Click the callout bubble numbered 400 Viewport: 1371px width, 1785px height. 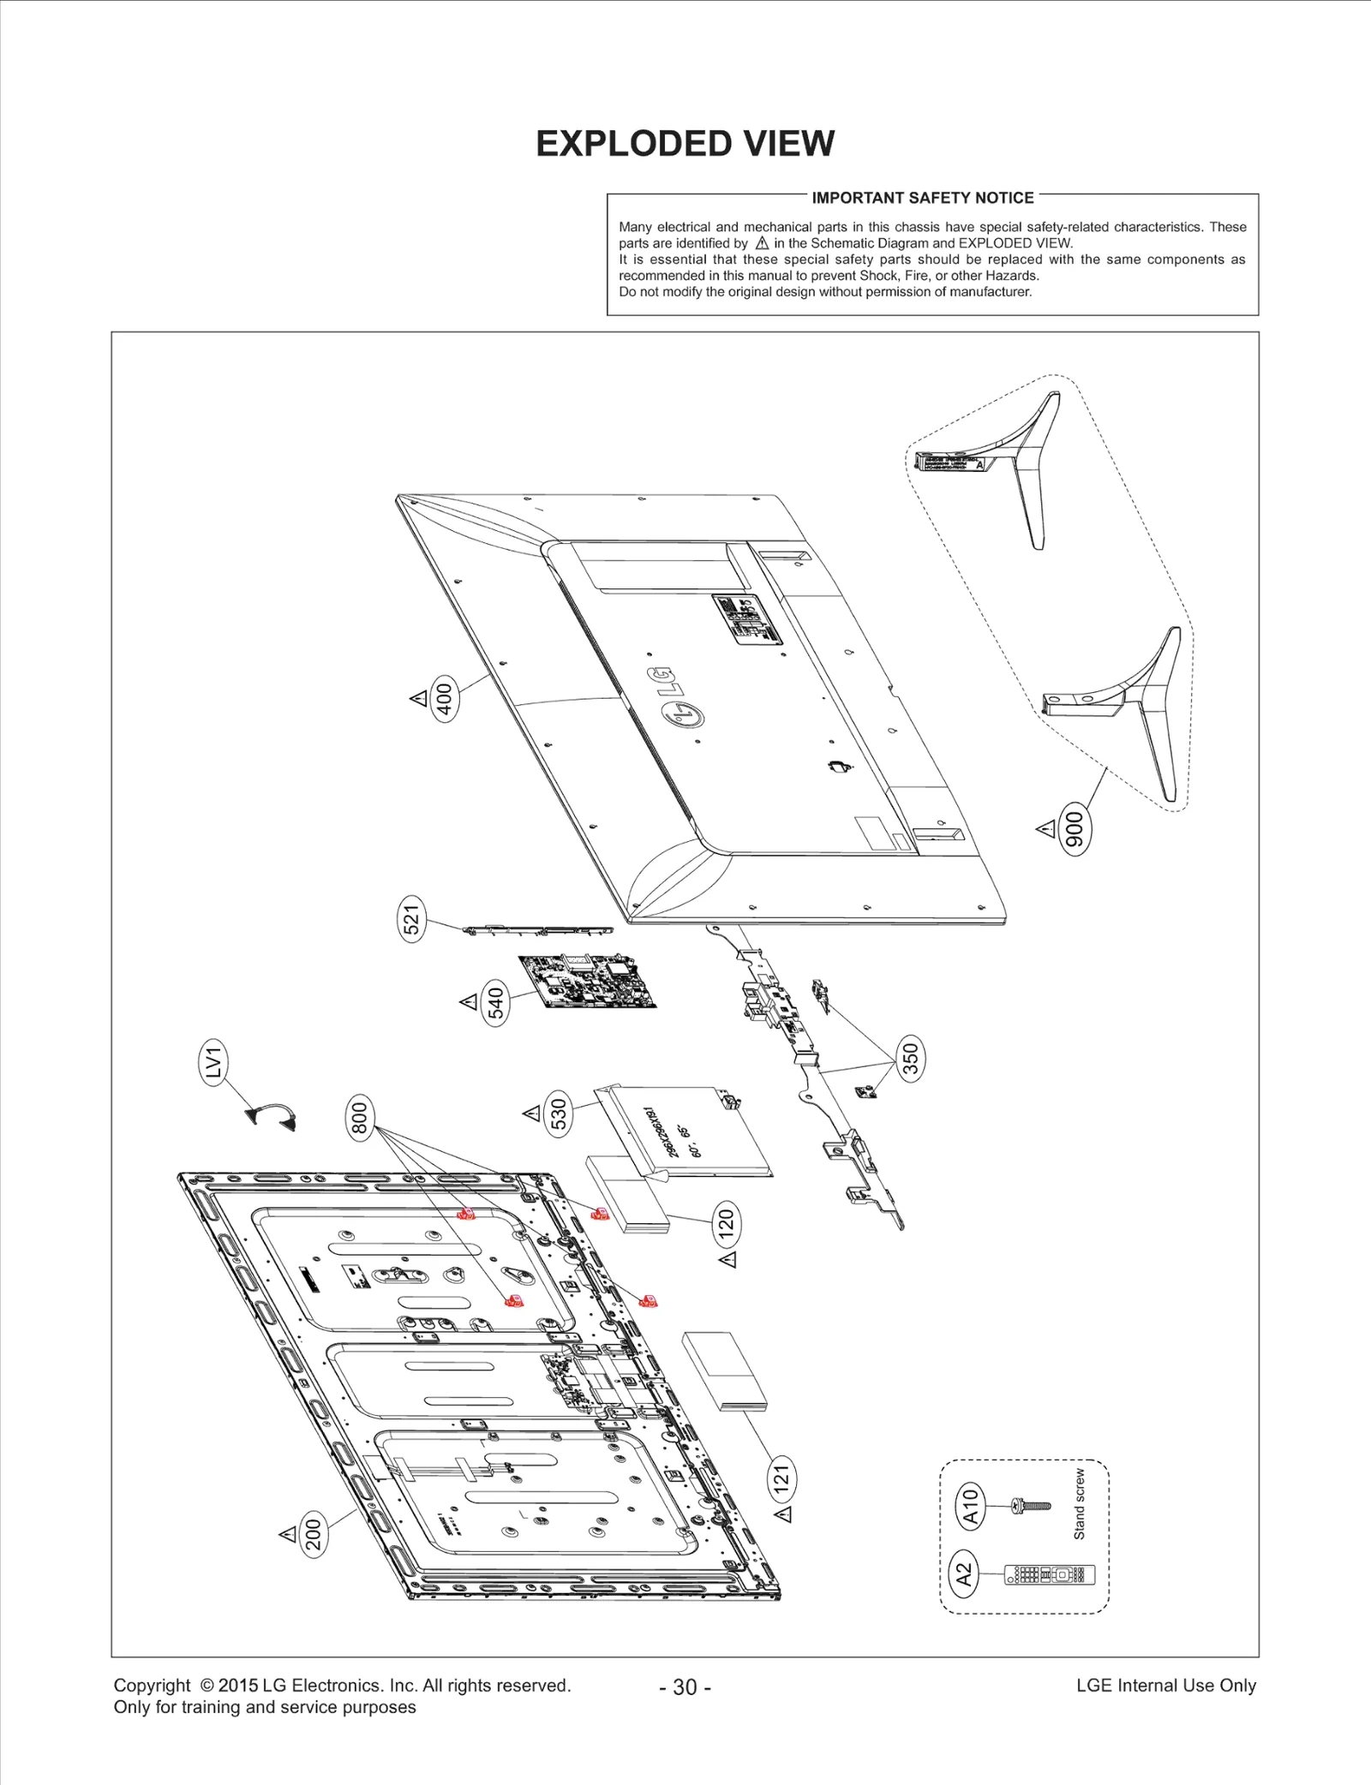click(445, 699)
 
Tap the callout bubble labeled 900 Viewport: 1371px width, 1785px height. click(1075, 830)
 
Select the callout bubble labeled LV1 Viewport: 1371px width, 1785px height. click(213, 1063)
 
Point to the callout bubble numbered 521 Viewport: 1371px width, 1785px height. click(412, 922)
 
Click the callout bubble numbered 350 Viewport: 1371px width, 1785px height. click(911, 1057)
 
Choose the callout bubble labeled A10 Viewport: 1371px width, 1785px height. click(970, 1507)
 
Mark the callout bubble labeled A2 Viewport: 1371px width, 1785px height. click(965, 1574)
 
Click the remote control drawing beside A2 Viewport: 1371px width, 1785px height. click(1049, 1574)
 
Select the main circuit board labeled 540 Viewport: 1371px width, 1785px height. click(591, 982)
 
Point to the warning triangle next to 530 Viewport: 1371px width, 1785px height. click(531, 1113)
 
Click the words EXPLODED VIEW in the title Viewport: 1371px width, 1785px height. click(685, 144)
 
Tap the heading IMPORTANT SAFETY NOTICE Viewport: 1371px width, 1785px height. click(923, 198)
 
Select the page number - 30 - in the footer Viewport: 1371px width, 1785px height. click(685, 1686)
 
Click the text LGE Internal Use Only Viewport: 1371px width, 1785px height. click(1165, 1685)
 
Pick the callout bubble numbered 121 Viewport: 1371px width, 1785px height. click(781, 1479)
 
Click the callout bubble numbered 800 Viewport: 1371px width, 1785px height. click(360, 1118)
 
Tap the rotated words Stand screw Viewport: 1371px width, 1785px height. click(1079, 1504)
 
